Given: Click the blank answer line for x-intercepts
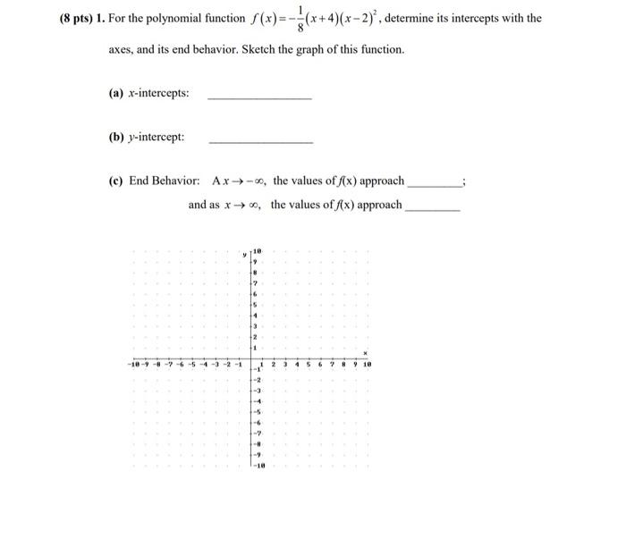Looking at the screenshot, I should pos(259,97).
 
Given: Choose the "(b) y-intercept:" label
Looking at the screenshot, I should pos(147,137).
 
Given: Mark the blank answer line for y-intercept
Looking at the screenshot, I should pos(260,141).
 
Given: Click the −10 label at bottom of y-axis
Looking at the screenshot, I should pos(258,466).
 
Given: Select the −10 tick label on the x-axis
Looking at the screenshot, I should pos(133,365).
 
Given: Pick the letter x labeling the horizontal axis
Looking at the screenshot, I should pos(365,354).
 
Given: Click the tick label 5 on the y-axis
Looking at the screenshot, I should pos(256,305).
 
